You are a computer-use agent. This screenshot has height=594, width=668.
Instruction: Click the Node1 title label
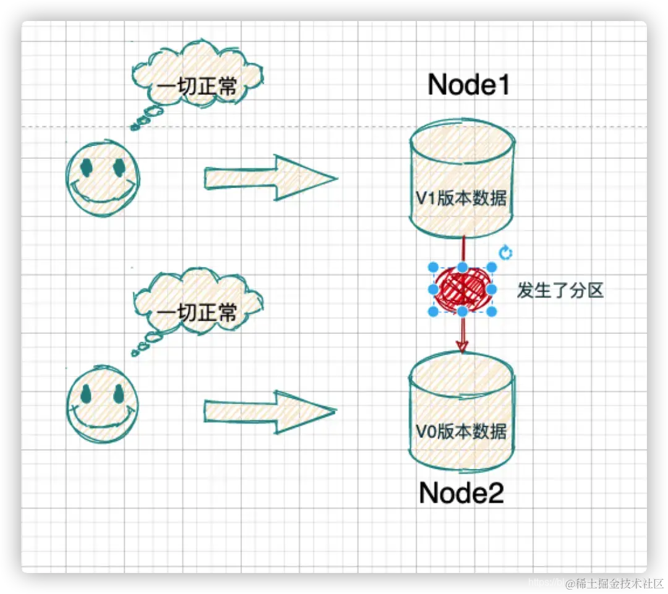pyautogui.click(x=469, y=85)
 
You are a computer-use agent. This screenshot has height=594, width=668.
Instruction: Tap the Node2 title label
pyautogui.click(x=461, y=493)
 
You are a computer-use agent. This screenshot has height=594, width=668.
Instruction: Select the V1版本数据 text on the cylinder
pyautogui.click(x=461, y=199)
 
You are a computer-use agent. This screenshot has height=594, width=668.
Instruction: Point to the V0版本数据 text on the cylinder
pyautogui.click(x=461, y=431)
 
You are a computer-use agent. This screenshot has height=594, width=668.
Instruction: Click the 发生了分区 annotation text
pyautogui.click(x=560, y=290)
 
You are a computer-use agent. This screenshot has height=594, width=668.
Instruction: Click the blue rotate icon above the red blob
pyautogui.click(x=505, y=252)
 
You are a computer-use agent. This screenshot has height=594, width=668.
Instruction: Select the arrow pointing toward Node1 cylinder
pyautogui.click(x=271, y=179)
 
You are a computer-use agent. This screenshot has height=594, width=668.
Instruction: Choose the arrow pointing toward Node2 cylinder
pyautogui.click(x=270, y=412)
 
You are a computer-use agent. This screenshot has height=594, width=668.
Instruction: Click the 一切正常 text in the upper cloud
pyautogui.click(x=197, y=87)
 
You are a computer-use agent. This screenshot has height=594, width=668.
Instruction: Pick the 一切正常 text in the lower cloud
pyautogui.click(x=197, y=312)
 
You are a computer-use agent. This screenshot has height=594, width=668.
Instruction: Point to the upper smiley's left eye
pyautogui.click(x=86, y=166)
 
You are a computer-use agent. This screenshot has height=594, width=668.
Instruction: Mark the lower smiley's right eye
pyautogui.click(x=118, y=394)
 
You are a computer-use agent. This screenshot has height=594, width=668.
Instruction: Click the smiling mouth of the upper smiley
pyautogui.click(x=101, y=197)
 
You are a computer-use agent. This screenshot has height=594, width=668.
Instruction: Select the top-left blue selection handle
pyautogui.click(x=434, y=267)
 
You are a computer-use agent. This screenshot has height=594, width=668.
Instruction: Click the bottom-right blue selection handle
pyautogui.click(x=492, y=312)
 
